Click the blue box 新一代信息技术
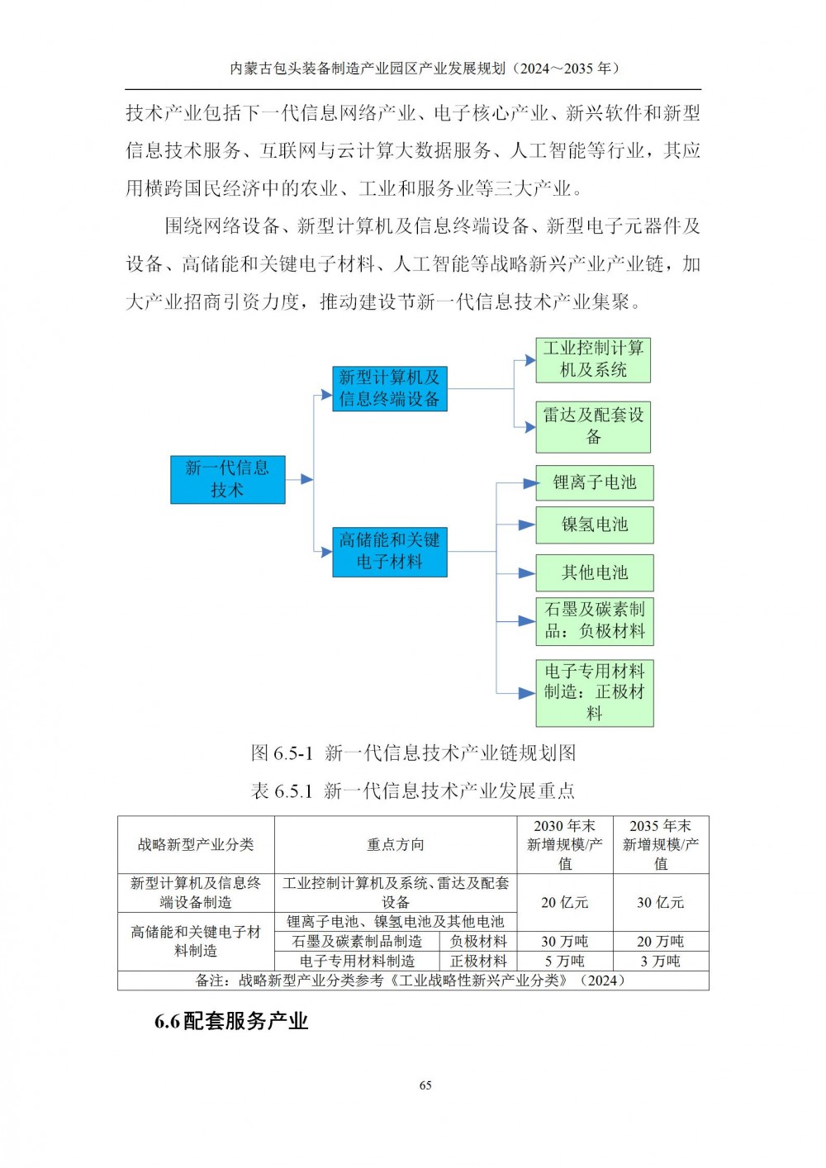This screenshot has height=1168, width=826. coord(227,479)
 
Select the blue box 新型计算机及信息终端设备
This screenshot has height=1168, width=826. coord(390,388)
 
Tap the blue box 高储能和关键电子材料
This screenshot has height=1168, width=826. coord(390,552)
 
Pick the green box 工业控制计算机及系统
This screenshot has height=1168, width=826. coord(593,360)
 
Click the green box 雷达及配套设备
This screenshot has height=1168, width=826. coord(593,426)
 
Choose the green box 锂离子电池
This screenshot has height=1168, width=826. coord(595,483)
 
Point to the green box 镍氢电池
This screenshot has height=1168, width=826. coord(595,525)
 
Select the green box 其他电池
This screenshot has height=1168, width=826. coord(595,572)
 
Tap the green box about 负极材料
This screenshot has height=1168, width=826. coord(595,621)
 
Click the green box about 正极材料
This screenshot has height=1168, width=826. coord(595,693)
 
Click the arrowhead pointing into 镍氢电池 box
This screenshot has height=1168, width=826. coord(527,525)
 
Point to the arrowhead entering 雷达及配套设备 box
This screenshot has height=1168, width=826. coord(529,427)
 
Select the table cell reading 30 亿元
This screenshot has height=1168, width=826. coord(661,903)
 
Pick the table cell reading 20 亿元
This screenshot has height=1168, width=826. coord(565,903)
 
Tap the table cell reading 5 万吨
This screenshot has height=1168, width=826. coord(565,961)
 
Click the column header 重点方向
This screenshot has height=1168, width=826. coord(396,845)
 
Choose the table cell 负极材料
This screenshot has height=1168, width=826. coord(478,941)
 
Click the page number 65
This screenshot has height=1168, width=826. coord(425,1085)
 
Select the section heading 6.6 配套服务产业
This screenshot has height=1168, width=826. coord(231,1022)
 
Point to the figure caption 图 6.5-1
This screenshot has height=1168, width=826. coord(282,753)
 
